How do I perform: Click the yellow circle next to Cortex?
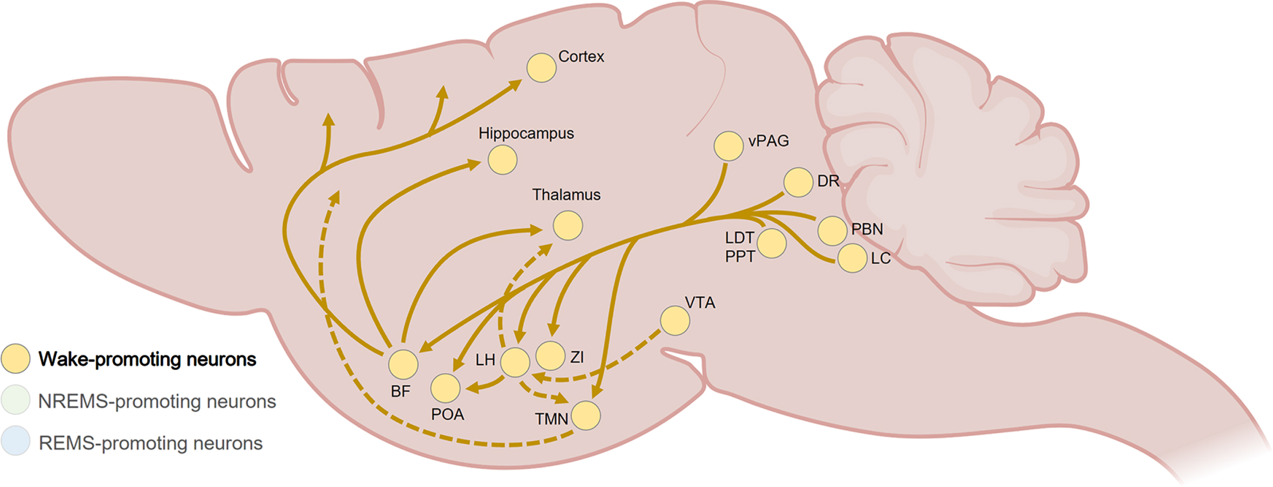541,68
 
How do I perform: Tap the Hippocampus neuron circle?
502,160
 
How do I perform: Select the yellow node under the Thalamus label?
568,225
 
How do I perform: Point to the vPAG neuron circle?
729,146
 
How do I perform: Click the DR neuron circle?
798,182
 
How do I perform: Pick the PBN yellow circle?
832,231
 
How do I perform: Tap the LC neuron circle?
852,258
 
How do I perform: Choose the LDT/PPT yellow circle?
771,243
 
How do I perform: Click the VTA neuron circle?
675,320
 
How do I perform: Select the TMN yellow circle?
586,415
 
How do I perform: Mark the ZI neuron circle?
550,355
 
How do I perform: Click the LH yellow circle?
515,362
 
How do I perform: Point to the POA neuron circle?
445,388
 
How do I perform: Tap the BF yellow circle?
403,364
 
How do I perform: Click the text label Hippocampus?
526,134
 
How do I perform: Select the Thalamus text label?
566,195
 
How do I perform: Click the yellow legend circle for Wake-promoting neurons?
16,359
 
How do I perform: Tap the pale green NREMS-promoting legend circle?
16,400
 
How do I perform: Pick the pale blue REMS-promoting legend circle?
16,441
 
